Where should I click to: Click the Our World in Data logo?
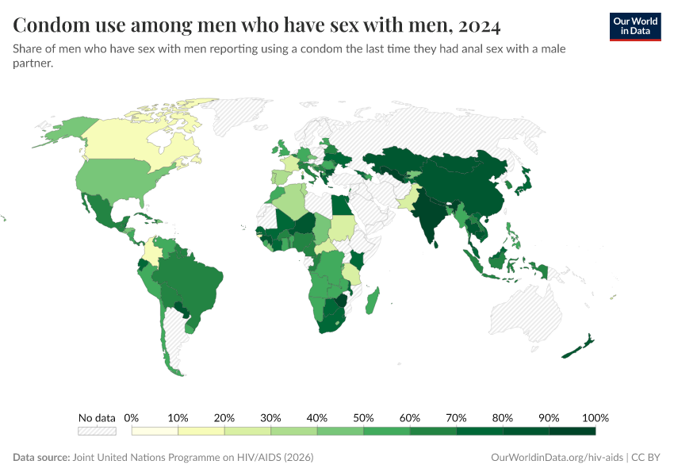click(x=634, y=26)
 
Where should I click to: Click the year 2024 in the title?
click(x=477, y=26)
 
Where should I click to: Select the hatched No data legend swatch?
click(x=97, y=431)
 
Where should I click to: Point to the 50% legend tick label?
click(x=363, y=418)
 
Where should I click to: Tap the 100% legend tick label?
click(x=595, y=418)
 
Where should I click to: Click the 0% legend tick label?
click(x=132, y=418)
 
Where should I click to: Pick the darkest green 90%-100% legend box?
click(x=572, y=431)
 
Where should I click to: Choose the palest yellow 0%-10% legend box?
click(x=155, y=431)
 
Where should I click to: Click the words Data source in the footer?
click(x=40, y=458)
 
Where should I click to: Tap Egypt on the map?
click(x=339, y=207)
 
